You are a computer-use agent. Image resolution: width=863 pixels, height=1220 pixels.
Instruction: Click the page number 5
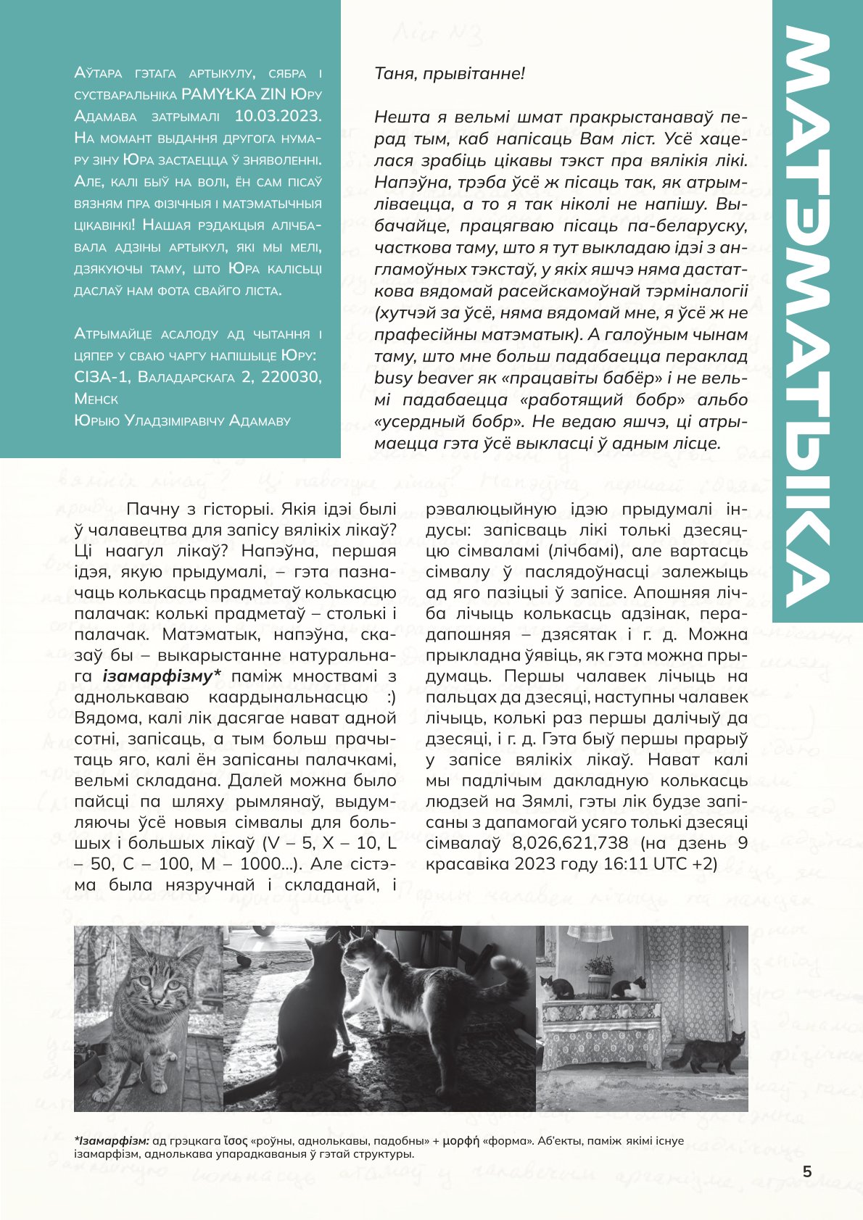(807, 1172)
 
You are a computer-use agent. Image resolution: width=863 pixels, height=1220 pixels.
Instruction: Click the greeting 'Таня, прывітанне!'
(449, 73)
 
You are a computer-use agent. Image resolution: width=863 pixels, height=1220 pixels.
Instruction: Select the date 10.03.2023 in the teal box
(278, 116)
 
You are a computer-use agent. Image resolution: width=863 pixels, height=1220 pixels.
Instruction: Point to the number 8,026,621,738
(570, 843)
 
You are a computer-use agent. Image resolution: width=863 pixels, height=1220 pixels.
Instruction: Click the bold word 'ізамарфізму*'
(161, 676)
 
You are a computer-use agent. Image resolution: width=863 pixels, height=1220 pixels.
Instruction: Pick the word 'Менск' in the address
(96, 399)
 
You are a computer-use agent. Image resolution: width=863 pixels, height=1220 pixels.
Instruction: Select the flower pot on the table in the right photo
(599, 984)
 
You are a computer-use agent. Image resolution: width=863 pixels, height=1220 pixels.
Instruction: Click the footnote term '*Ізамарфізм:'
(111, 1141)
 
